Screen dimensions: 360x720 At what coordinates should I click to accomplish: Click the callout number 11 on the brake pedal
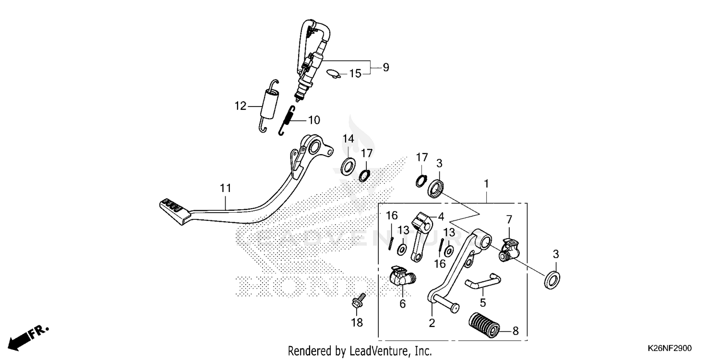click(x=226, y=190)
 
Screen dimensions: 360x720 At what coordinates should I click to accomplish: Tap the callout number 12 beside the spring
click(x=240, y=106)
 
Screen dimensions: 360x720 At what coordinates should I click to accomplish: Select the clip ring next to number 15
click(x=333, y=74)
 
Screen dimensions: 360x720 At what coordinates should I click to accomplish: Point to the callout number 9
click(x=385, y=67)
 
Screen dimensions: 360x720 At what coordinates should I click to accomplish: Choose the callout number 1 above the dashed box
click(x=486, y=183)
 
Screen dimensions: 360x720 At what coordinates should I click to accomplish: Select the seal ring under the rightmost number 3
click(x=552, y=279)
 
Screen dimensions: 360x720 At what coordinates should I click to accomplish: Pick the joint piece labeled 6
click(x=400, y=276)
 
